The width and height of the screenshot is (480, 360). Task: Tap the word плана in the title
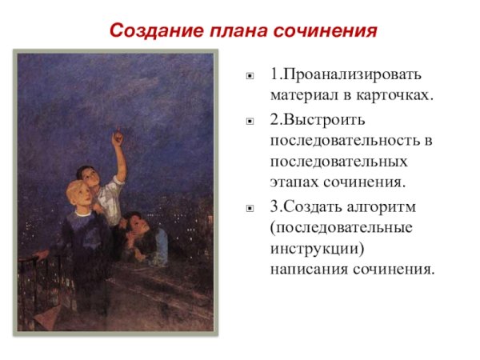[232, 31]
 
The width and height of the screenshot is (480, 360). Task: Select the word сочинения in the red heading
[322, 31]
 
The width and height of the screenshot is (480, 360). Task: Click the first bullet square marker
[250, 78]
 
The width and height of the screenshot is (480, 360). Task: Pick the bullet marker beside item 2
[250, 122]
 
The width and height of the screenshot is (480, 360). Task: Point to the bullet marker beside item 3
[250, 208]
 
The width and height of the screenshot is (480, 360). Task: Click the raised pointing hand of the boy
[118, 138]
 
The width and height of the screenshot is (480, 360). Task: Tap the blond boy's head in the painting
[77, 194]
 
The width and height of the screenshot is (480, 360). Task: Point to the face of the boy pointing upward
[90, 175]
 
